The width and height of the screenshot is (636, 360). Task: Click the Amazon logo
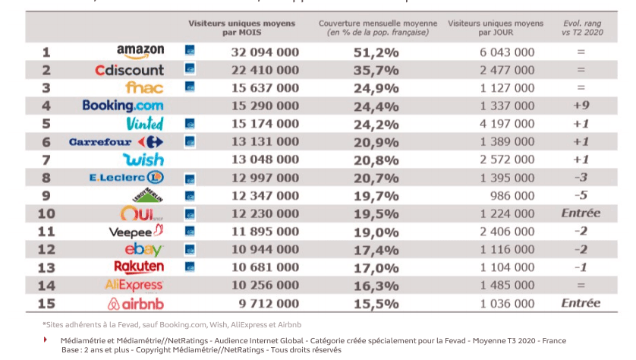(x=140, y=52)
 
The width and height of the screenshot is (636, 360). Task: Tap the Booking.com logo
(x=123, y=106)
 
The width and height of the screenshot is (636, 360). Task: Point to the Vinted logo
(x=146, y=123)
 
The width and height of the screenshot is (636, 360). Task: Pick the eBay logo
(x=144, y=249)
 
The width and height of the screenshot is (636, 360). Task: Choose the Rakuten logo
(x=139, y=267)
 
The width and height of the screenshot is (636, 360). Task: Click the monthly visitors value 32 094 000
(x=265, y=52)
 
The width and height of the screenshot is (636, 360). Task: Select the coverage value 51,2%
(x=376, y=52)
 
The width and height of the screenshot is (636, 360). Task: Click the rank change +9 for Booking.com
(x=581, y=106)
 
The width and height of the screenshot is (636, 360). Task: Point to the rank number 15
(x=46, y=303)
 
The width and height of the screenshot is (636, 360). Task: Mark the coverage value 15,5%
(x=376, y=303)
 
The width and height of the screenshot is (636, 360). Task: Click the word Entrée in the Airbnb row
(x=581, y=303)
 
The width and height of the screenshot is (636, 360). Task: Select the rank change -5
(x=581, y=195)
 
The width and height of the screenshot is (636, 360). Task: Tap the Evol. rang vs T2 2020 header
(x=581, y=28)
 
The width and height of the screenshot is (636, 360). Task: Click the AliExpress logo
(x=134, y=285)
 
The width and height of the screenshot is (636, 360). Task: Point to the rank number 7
(x=46, y=159)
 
